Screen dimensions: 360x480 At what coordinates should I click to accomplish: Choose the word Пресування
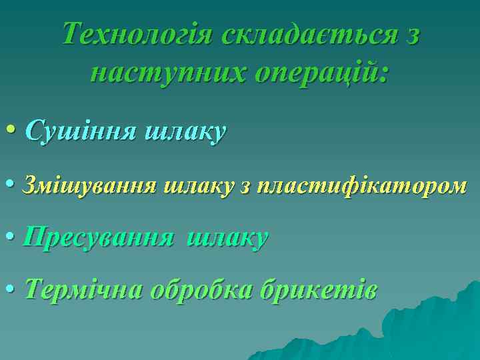click(x=100, y=237)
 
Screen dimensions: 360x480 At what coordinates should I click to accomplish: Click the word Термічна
click(x=83, y=290)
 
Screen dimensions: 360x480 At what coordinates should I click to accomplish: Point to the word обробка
click(x=201, y=290)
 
